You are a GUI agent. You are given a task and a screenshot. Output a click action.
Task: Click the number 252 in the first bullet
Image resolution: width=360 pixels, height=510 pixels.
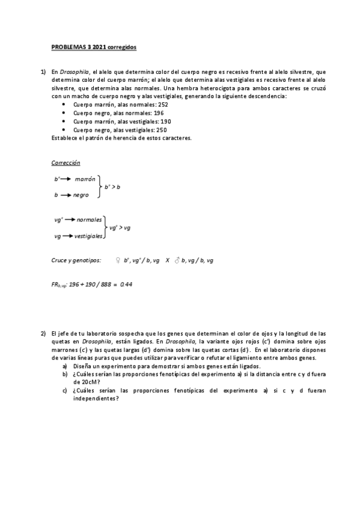point(160,105)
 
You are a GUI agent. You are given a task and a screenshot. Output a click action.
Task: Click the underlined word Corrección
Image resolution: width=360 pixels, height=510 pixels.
point(66,163)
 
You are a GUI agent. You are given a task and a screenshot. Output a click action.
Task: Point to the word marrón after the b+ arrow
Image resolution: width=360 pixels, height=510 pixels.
point(86,179)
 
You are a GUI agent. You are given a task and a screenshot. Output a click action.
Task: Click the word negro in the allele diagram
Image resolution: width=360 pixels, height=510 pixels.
point(81,195)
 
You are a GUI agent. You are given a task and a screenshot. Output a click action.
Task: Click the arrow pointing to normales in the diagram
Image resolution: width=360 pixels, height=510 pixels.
point(69,220)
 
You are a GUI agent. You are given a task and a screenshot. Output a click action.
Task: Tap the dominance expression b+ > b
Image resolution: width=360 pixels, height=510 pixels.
point(112,187)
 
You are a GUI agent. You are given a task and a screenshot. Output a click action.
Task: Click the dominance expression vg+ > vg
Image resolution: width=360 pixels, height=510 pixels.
point(119,228)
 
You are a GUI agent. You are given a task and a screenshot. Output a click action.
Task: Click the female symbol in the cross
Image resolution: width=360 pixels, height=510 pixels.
point(117,260)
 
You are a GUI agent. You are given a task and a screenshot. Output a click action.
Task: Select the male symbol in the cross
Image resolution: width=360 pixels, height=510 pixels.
point(177,260)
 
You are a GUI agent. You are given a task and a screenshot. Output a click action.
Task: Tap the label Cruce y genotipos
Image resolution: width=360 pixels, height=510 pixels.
point(76,260)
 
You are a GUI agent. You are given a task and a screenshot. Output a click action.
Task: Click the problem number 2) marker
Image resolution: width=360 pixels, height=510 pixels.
point(43,333)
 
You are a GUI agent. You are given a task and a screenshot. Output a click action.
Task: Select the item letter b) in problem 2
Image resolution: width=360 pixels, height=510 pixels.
point(65,373)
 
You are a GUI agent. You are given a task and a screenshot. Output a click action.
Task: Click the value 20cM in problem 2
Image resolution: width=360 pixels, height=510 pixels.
point(84,381)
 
